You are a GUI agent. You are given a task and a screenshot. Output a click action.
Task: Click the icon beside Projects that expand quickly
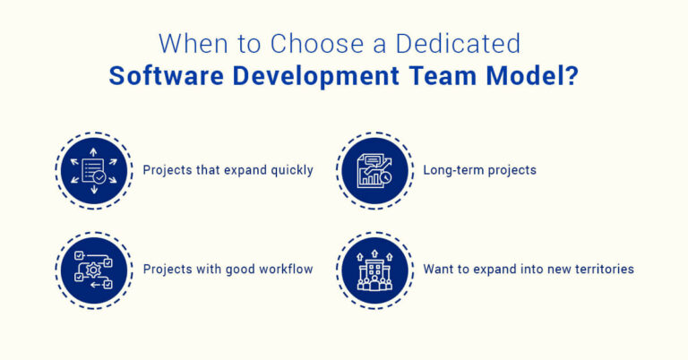click(x=94, y=170)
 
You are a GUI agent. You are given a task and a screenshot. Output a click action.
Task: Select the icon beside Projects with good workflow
click(x=94, y=269)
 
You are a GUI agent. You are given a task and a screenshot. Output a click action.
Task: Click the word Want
click(x=438, y=269)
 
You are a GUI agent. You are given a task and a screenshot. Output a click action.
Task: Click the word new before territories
click(x=554, y=269)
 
